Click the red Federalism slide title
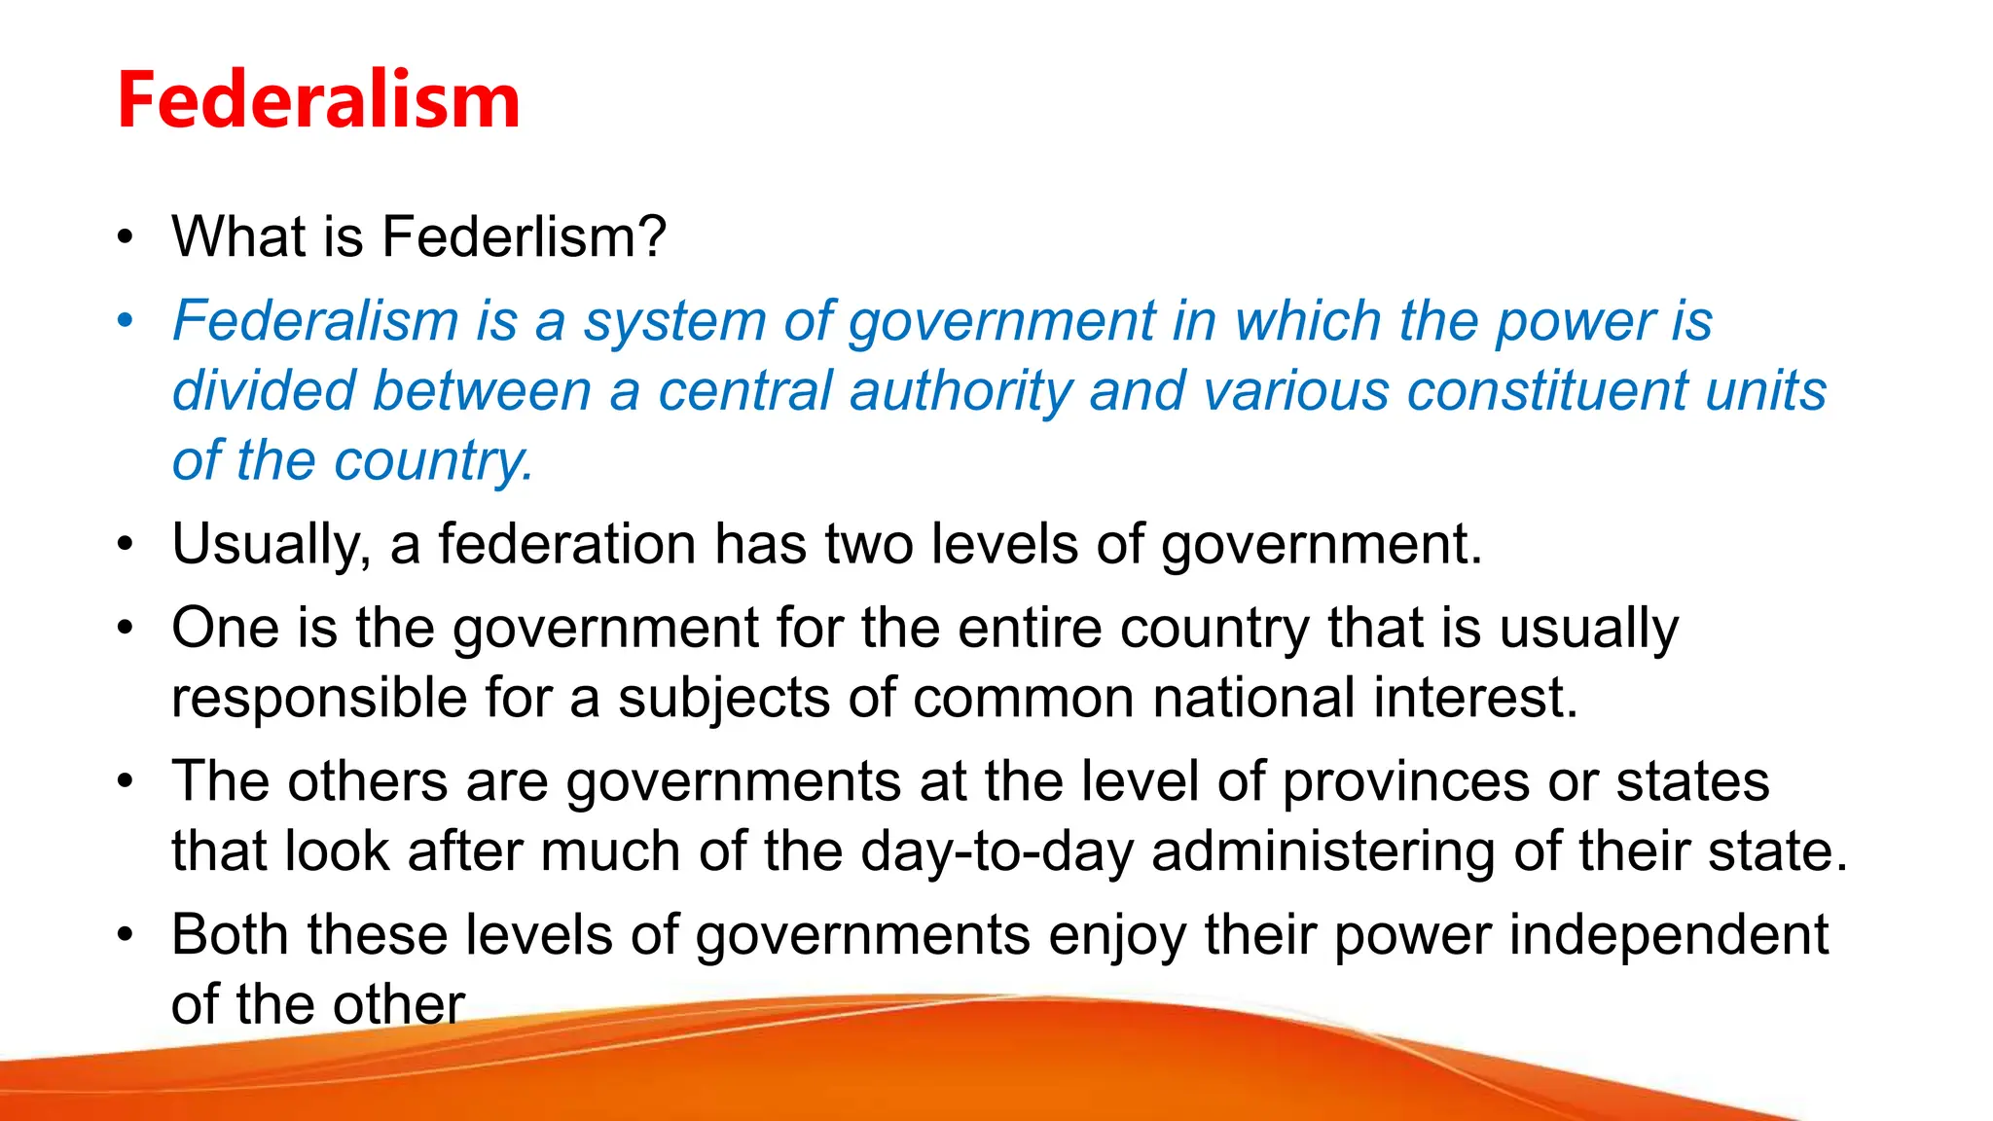(318, 100)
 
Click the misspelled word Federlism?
(524, 236)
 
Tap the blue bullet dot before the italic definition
(125, 320)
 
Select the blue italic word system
(674, 322)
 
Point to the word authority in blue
(960, 391)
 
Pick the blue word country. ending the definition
(434, 461)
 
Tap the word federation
(566, 544)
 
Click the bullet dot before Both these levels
(125, 934)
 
